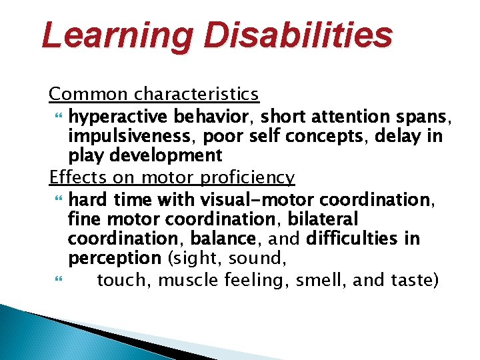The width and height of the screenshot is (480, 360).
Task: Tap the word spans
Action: pyautogui.click(x=429, y=117)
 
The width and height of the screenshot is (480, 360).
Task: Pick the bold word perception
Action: pyautogui.click(x=114, y=257)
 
